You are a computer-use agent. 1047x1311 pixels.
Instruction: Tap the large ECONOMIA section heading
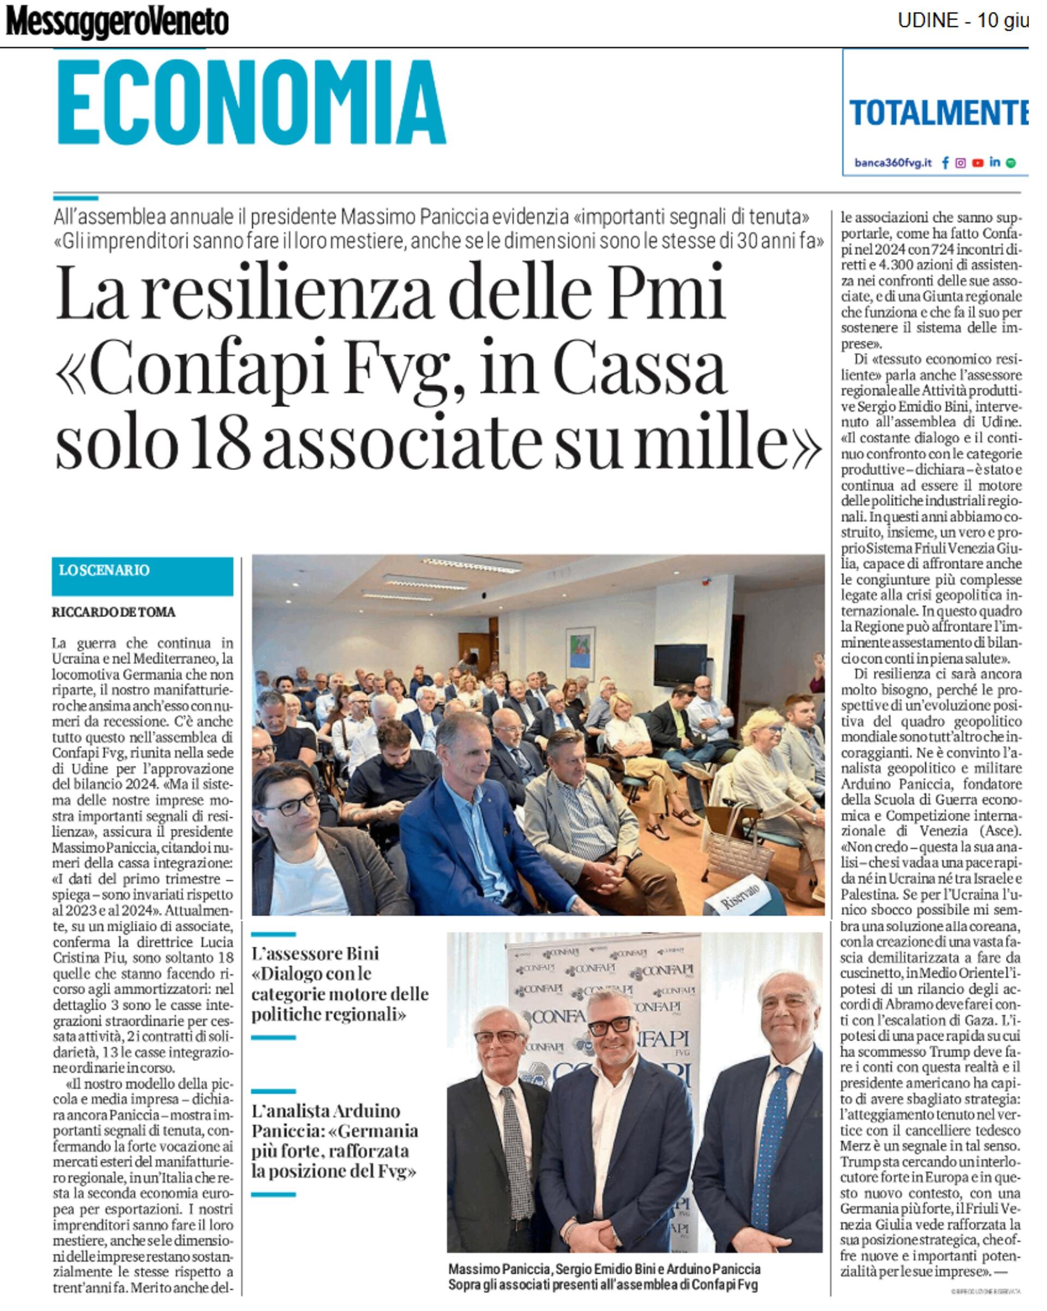(x=251, y=102)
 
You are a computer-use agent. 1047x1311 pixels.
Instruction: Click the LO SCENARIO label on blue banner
(x=104, y=570)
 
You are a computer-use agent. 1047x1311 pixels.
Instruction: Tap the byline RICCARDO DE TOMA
(x=113, y=612)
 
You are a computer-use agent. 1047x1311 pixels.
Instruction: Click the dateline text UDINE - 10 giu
(x=962, y=21)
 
